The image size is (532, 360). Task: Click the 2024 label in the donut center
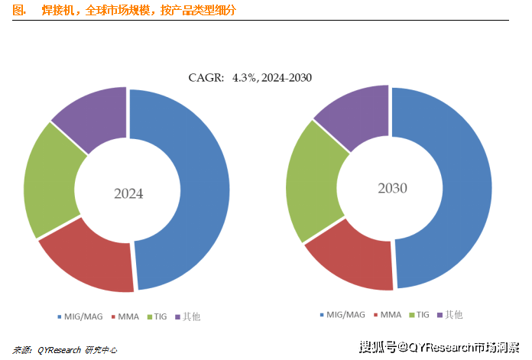(128, 193)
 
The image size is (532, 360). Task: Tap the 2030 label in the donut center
(392, 188)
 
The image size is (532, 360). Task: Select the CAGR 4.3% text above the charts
(250, 78)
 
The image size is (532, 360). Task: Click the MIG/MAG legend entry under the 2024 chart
(80, 316)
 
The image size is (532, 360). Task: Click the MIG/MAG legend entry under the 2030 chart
(343, 314)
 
